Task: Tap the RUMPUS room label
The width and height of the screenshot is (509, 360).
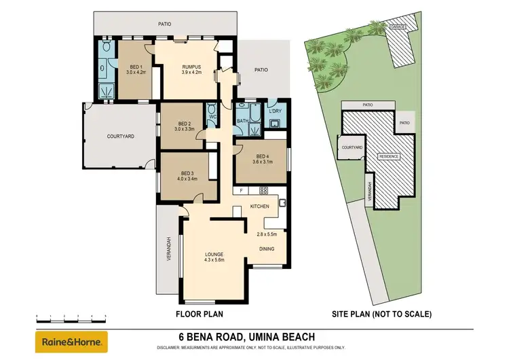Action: click(192, 66)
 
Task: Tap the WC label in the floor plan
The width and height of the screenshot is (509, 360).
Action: click(212, 117)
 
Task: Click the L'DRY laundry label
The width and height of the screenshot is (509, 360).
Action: click(276, 111)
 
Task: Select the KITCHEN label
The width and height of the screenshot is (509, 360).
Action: click(261, 206)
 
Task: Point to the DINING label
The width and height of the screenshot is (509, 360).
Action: click(267, 249)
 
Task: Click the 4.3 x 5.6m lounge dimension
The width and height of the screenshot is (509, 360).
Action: click(214, 260)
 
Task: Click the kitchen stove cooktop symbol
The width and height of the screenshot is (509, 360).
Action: click(263, 191)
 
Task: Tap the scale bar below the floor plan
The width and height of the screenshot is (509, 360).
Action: click(72, 317)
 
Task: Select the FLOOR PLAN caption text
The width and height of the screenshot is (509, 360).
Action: click(200, 314)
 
